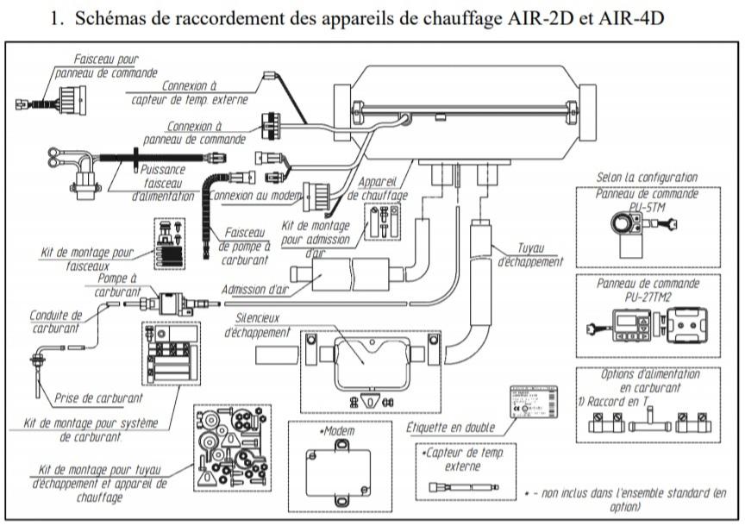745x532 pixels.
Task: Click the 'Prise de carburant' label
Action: coord(93,398)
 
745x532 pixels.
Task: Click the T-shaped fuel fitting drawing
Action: coord(647,425)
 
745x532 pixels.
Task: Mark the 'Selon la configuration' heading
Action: coord(647,178)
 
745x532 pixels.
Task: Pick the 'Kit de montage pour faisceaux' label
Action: coord(88,259)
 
